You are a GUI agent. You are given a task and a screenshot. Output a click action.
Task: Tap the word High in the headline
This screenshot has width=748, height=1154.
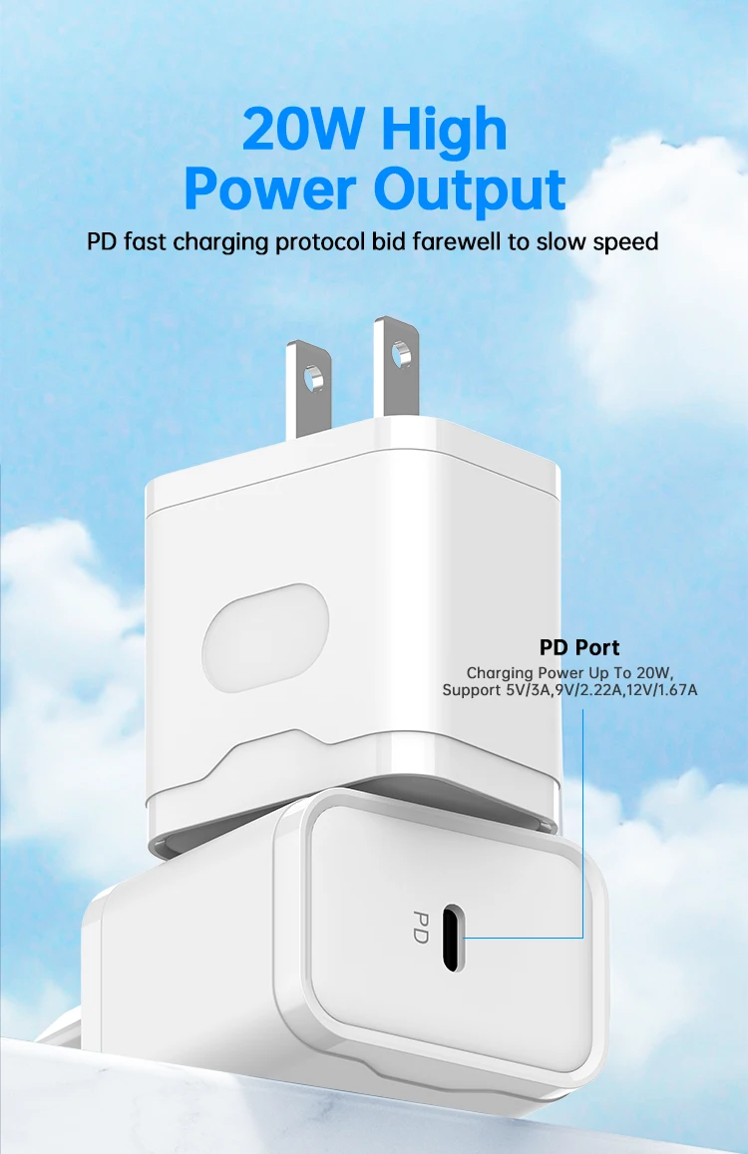pos(443,130)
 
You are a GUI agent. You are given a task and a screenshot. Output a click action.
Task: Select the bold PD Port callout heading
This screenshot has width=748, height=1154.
pos(579,648)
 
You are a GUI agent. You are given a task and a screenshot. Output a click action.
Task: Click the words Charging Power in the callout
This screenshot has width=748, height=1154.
pos(514,673)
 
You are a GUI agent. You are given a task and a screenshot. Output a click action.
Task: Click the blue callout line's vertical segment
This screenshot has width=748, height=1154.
pos(581,818)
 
